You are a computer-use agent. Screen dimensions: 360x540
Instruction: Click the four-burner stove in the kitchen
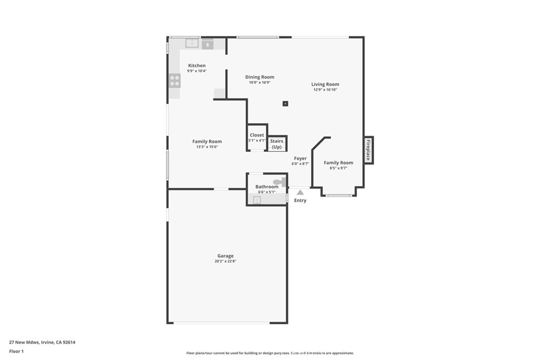pos(175,81)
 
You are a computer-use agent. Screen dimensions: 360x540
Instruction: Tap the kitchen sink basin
pos(192,44)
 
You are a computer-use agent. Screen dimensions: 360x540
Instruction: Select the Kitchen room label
pos(197,65)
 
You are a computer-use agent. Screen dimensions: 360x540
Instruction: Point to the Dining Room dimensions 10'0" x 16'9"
pos(259,82)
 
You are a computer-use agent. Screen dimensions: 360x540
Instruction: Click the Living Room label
pos(325,84)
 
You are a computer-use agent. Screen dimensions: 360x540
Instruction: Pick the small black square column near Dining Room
pos(285,103)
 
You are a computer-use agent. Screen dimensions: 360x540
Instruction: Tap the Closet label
pos(257,135)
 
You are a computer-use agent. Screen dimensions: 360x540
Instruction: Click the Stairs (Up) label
pos(277,143)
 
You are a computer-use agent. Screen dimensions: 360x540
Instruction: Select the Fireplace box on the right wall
pos(369,150)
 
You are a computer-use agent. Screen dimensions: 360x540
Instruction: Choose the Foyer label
pos(300,158)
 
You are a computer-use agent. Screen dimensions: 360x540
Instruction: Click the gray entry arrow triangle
pos(300,192)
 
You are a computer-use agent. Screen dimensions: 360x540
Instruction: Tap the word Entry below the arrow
pos(300,200)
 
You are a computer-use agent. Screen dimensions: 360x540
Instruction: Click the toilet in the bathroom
pos(279,182)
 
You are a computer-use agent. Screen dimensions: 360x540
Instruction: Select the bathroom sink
pos(257,200)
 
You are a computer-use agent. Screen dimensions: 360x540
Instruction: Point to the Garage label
pos(226,256)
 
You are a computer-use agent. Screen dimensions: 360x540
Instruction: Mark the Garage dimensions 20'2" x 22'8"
pos(226,261)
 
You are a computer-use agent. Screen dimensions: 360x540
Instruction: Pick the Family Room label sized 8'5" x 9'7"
pos(338,163)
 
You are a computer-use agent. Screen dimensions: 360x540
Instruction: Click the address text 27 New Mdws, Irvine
pos(42,342)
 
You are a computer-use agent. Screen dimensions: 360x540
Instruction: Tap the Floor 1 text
pos(17,351)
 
